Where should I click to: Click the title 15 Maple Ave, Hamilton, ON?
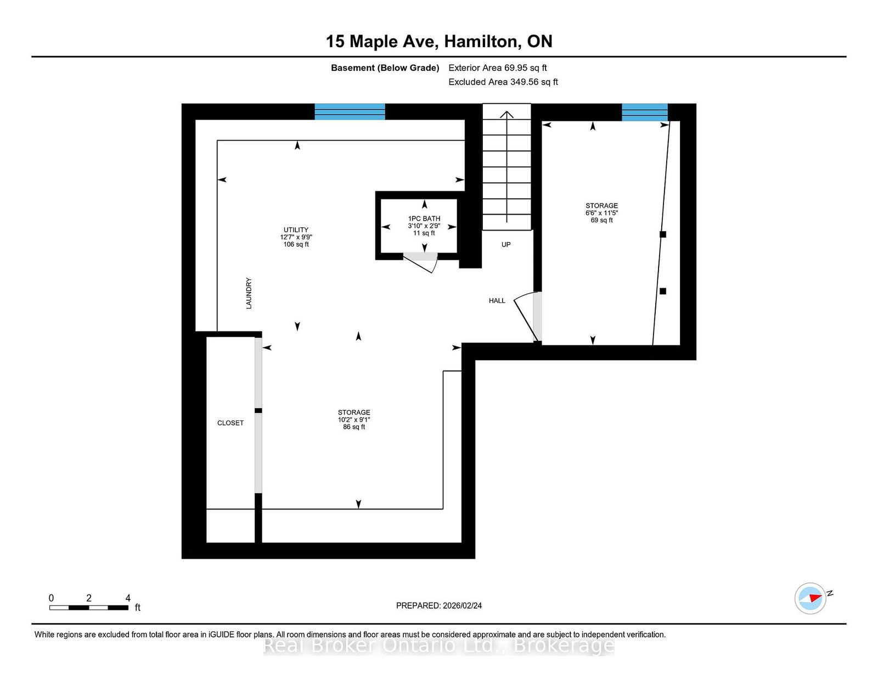pos(439,42)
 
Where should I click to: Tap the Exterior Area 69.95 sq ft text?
pos(497,68)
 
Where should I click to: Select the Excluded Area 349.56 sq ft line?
pos(503,82)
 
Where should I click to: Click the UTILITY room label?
pos(296,237)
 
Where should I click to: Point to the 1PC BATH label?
pos(424,226)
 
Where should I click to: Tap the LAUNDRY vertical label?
pos(249,293)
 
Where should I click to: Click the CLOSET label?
pos(230,423)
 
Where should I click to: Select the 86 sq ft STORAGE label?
pos(354,419)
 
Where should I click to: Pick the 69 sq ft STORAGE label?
pos(601,212)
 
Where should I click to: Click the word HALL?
pos(497,301)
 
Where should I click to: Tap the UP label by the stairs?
pos(506,245)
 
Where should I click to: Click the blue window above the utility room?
pos(350,111)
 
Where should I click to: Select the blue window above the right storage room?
pos(644,112)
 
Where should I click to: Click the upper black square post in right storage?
pos(662,234)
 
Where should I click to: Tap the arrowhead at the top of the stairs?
pos(506,115)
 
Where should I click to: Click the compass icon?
pos(811,598)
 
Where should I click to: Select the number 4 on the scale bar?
pos(128,598)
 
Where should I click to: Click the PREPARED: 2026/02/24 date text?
pos(439,605)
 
